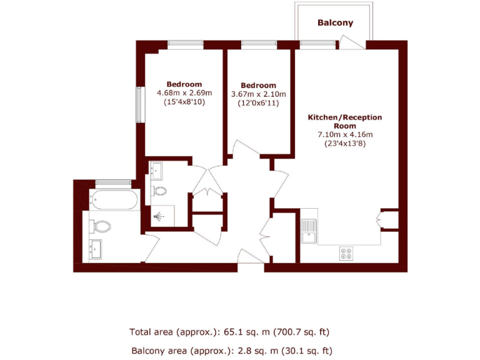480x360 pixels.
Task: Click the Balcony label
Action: point(335,23)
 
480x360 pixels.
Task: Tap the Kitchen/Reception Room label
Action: point(344,121)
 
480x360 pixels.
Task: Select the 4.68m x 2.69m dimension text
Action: point(184,93)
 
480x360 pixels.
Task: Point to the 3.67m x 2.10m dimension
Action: point(258,94)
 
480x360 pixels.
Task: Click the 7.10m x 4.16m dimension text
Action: point(345,134)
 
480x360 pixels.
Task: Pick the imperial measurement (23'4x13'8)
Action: point(345,143)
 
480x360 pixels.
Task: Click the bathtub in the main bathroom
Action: point(113,200)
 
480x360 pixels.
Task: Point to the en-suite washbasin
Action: point(157,169)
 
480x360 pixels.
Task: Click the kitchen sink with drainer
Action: point(309,231)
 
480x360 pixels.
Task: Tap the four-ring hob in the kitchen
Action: point(346,252)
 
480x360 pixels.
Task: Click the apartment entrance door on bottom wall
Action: point(251,266)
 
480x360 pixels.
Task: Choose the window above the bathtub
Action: point(113,182)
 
